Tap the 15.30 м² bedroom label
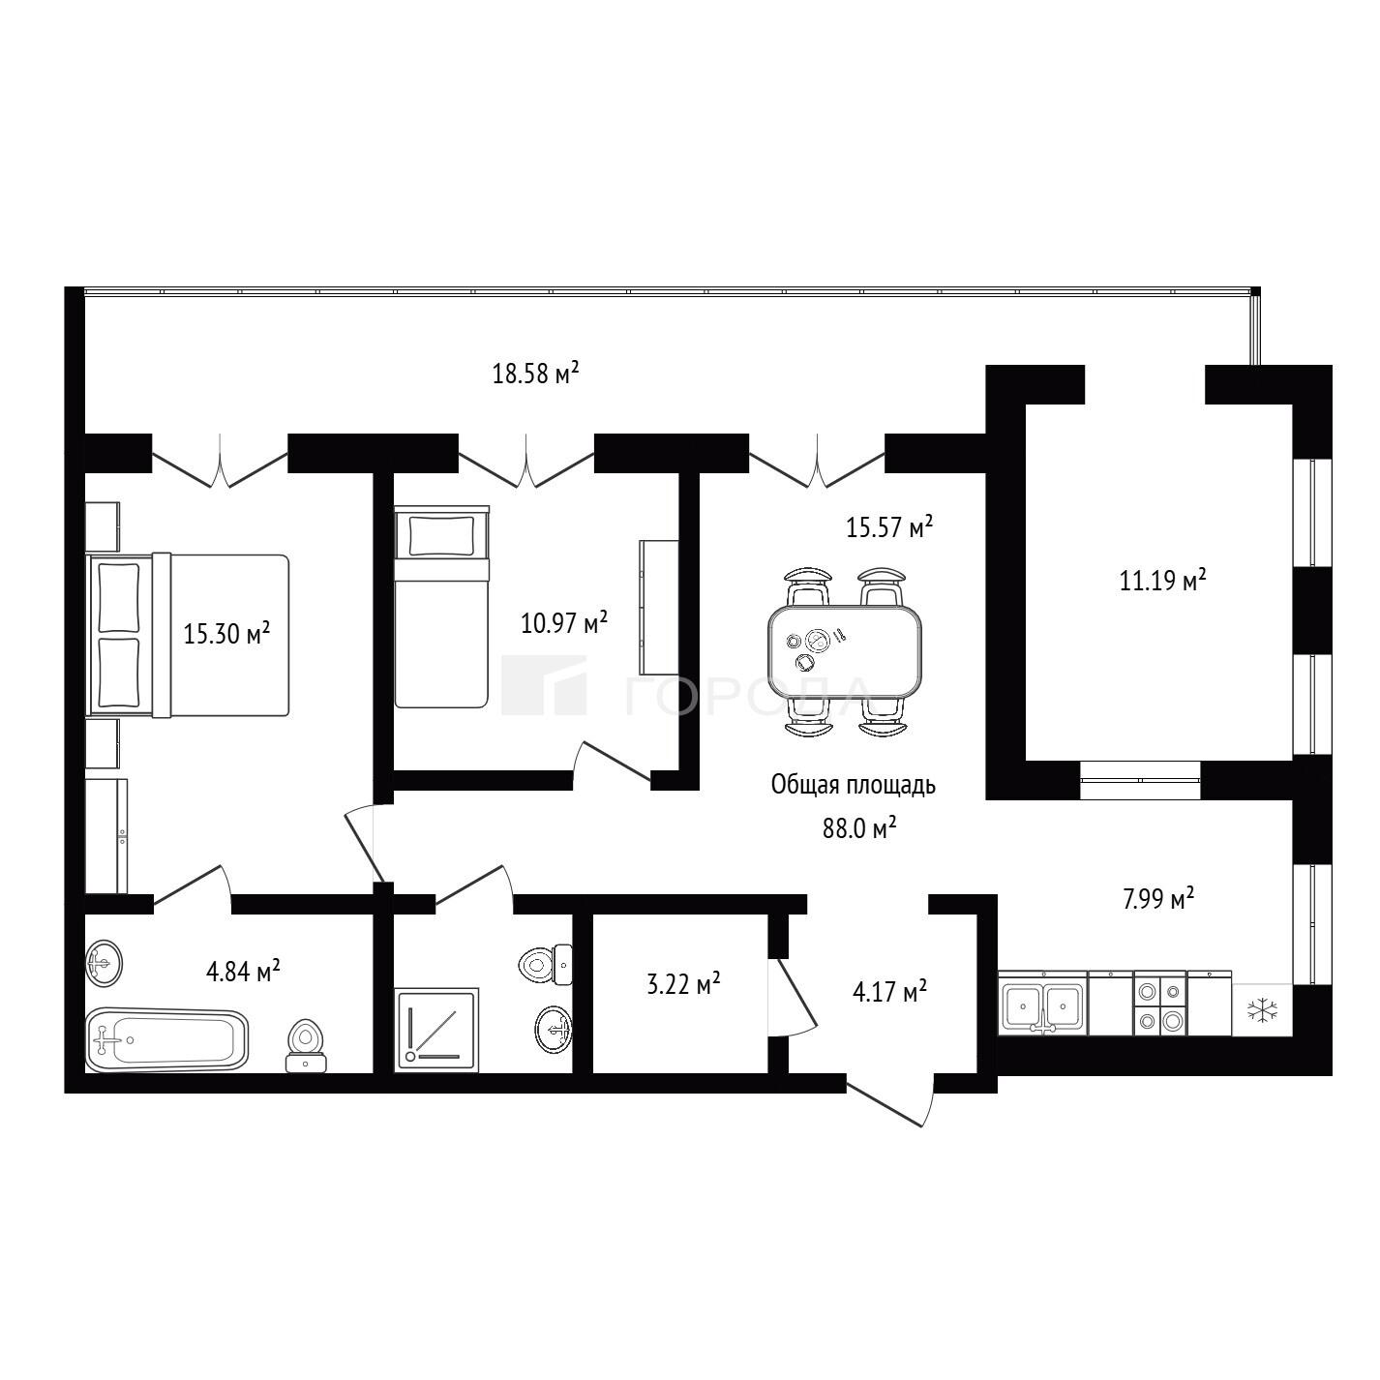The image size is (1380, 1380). pyautogui.click(x=226, y=633)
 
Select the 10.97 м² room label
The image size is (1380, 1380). pyautogui.click(x=563, y=622)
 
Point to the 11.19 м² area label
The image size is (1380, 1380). pyautogui.click(x=1162, y=580)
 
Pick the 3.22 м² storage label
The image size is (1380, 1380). pyautogui.click(x=683, y=983)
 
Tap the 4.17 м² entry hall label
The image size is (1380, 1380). pyautogui.click(x=889, y=991)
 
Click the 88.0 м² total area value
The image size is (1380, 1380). pyautogui.click(x=859, y=828)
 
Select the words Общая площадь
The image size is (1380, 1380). pyautogui.click(x=853, y=786)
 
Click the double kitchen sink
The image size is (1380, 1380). pyautogui.click(x=1042, y=1004)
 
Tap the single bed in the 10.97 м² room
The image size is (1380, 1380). pyautogui.click(x=441, y=607)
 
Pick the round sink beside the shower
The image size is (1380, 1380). pyautogui.click(x=554, y=1029)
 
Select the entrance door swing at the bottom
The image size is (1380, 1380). pyautogui.click(x=892, y=1101)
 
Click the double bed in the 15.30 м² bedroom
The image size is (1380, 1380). pyautogui.click(x=187, y=635)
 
